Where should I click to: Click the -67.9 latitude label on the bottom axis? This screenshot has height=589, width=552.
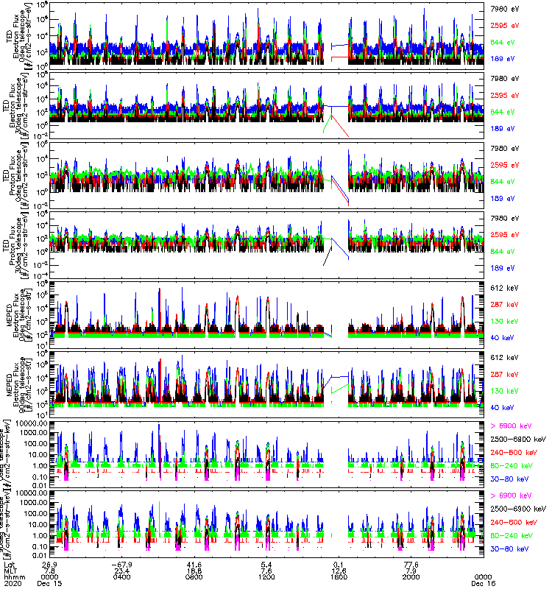[x=123, y=562]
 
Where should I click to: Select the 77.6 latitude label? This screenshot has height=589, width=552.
[x=411, y=562]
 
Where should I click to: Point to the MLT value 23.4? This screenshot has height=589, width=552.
[x=123, y=569]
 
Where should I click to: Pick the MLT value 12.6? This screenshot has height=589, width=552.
[x=339, y=569]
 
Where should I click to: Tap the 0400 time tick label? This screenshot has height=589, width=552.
[x=123, y=576]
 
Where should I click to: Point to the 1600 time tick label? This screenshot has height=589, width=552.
[x=339, y=576]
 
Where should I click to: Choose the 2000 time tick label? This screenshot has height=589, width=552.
[x=411, y=576]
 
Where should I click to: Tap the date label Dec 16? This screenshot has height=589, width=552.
[x=483, y=582]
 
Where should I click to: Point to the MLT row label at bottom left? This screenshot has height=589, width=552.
[x=10, y=569]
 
